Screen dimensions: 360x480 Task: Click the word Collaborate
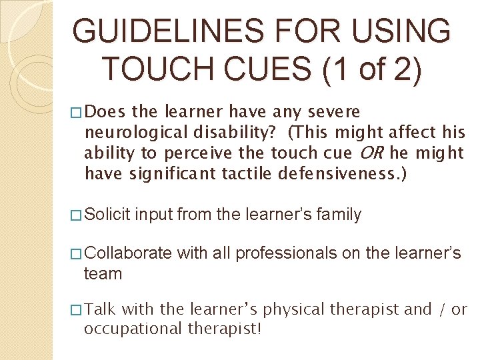point(128,253)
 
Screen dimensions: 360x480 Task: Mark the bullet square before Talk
point(77,310)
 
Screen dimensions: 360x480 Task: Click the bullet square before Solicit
point(77,215)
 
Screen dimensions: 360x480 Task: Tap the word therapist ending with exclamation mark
point(223,329)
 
